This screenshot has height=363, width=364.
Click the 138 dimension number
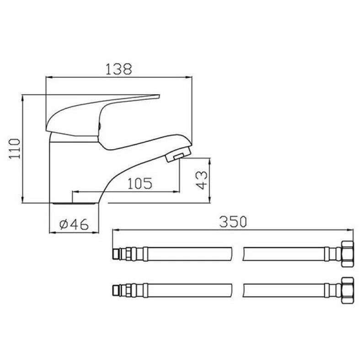(118, 69)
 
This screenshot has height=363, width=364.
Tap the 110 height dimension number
(15, 149)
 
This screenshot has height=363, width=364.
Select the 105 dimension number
(140, 184)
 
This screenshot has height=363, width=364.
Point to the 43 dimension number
(201, 180)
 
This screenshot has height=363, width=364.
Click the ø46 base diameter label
(74, 224)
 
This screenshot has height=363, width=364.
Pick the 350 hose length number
(233, 222)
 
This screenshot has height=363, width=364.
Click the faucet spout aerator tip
(178, 155)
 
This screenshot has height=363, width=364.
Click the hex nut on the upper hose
(348, 254)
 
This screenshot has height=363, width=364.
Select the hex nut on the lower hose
(348, 290)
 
